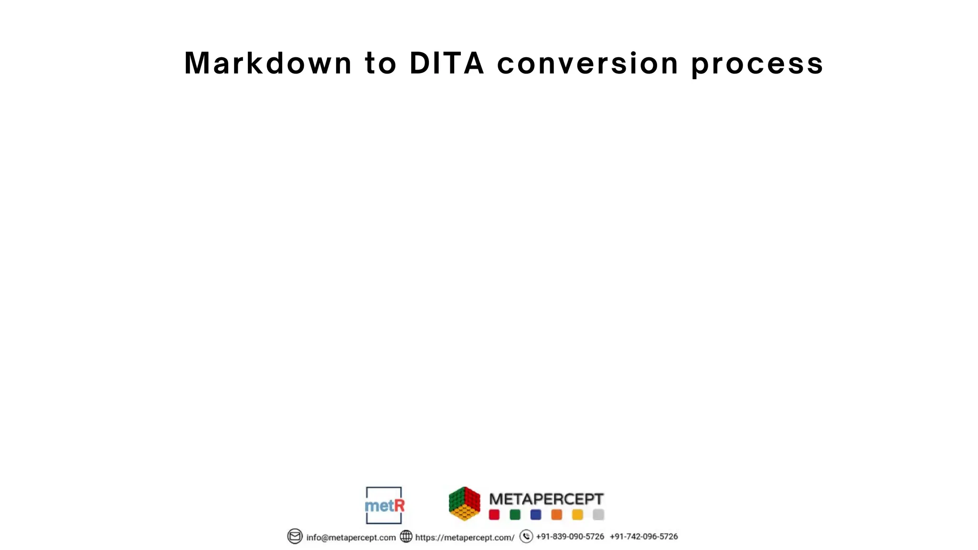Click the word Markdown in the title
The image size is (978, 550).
tap(268, 63)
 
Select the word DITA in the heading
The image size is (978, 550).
tap(447, 63)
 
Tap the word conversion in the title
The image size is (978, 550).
tap(587, 63)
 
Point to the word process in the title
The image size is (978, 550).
tap(757, 64)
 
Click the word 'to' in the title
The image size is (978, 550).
tap(381, 63)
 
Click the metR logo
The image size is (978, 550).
tap(384, 505)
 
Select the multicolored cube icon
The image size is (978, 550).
tap(464, 504)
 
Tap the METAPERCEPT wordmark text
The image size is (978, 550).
tap(546, 499)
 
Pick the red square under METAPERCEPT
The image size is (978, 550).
tap(494, 515)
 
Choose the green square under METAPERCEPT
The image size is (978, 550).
tap(515, 515)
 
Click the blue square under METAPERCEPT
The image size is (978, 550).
tap(536, 515)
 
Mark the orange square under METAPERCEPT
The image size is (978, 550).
tap(556, 515)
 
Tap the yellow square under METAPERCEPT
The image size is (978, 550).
tap(577, 515)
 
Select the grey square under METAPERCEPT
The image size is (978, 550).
tap(598, 515)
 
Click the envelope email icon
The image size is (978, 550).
tap(295, 537)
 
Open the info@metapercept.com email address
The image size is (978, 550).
tap(351, 537)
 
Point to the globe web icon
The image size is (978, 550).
tap(406, 537)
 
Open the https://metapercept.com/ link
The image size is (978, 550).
tap(465, 537)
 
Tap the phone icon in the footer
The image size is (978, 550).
tap(526, 537)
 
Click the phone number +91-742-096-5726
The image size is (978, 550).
tap(643, 537)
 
